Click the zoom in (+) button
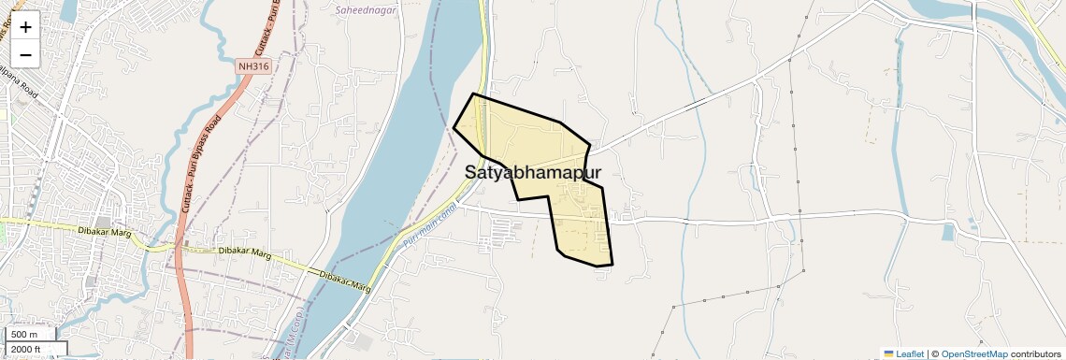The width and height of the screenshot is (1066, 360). pyautogui.click(x=25, y=27)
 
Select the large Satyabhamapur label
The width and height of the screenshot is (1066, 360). pyautogui.click(x=532, y=173)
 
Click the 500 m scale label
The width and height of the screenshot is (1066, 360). pyautogui.click(x=24, y=335)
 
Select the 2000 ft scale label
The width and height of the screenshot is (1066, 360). pyautogui.click(x=28, y=350)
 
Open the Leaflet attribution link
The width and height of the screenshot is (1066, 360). pyautogui.click(x=910, y=353)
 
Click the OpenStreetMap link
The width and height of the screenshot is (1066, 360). pyautogui.click(x=973, y=353)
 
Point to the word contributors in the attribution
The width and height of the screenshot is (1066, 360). pyautogui.click(x=1035, y=353)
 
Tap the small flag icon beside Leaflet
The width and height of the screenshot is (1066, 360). pyautogui.click(x=888, y=353)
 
